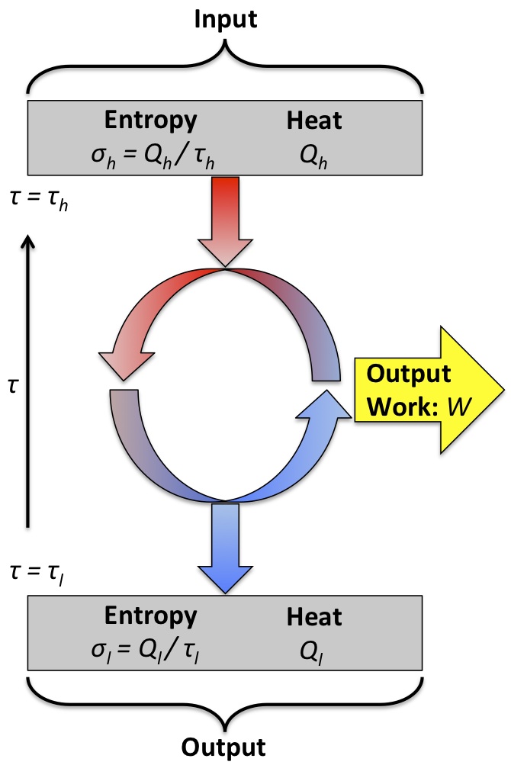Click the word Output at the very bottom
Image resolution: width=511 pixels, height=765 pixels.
[x=225, y=746]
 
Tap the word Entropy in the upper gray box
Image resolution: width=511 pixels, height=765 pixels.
[x=150, y=120]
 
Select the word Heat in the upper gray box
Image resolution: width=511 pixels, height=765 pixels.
[x=314, y=120]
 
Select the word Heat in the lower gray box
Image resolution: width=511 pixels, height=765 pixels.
[x=314, y=616]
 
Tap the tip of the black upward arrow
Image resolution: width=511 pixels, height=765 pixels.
[x=27, y=238]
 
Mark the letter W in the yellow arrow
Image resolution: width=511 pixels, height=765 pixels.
[x=456, y=406]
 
